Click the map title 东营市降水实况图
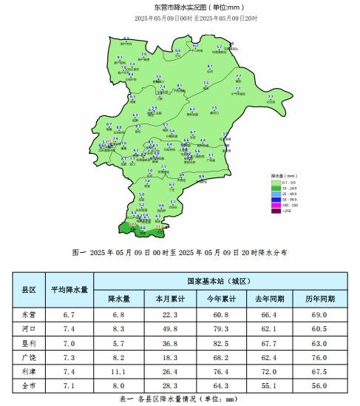pos(181,7)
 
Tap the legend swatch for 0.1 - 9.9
pos(275,182)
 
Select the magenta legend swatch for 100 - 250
pos(275,205)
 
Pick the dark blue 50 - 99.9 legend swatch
pos(275,199)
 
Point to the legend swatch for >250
pos(275,211)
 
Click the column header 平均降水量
pos(69,290)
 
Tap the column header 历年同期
pos(320,299)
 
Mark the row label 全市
pos(30,385)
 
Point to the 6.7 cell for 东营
pos(69,314)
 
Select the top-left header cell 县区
pos(30,290)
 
